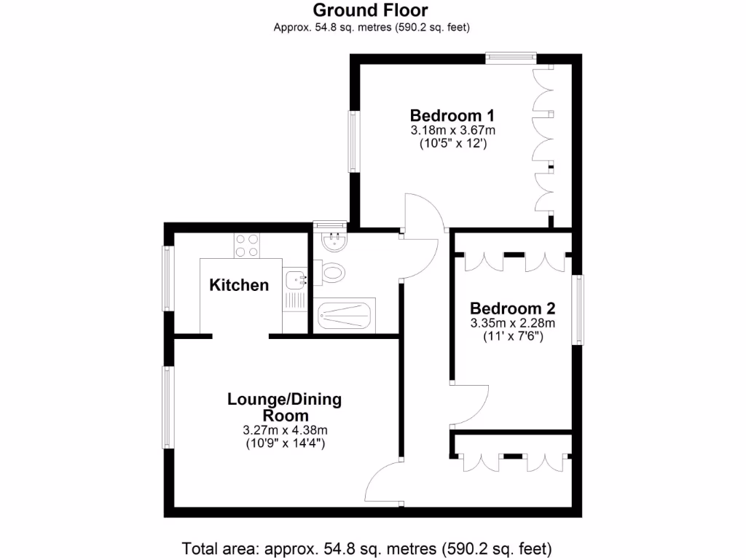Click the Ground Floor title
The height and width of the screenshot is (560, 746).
(371, 10)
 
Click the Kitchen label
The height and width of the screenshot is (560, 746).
(239, 285)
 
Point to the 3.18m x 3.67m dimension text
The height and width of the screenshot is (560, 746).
(452, 131)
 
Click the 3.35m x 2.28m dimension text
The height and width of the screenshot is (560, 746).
(512, 323)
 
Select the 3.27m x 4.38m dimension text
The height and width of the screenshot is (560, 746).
(284, 429)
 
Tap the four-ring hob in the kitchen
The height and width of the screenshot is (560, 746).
(247, 244)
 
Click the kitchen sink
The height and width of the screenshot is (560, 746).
(295, 278)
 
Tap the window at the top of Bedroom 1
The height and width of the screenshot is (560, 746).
(511, 56)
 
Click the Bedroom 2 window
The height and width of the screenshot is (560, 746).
(578, 309)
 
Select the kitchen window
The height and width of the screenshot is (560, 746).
(168, 279)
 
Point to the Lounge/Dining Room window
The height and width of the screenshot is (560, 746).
(168, 407)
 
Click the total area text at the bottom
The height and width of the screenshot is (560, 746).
(366, 548)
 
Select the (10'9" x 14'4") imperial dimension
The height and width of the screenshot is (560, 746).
(284, 443)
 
